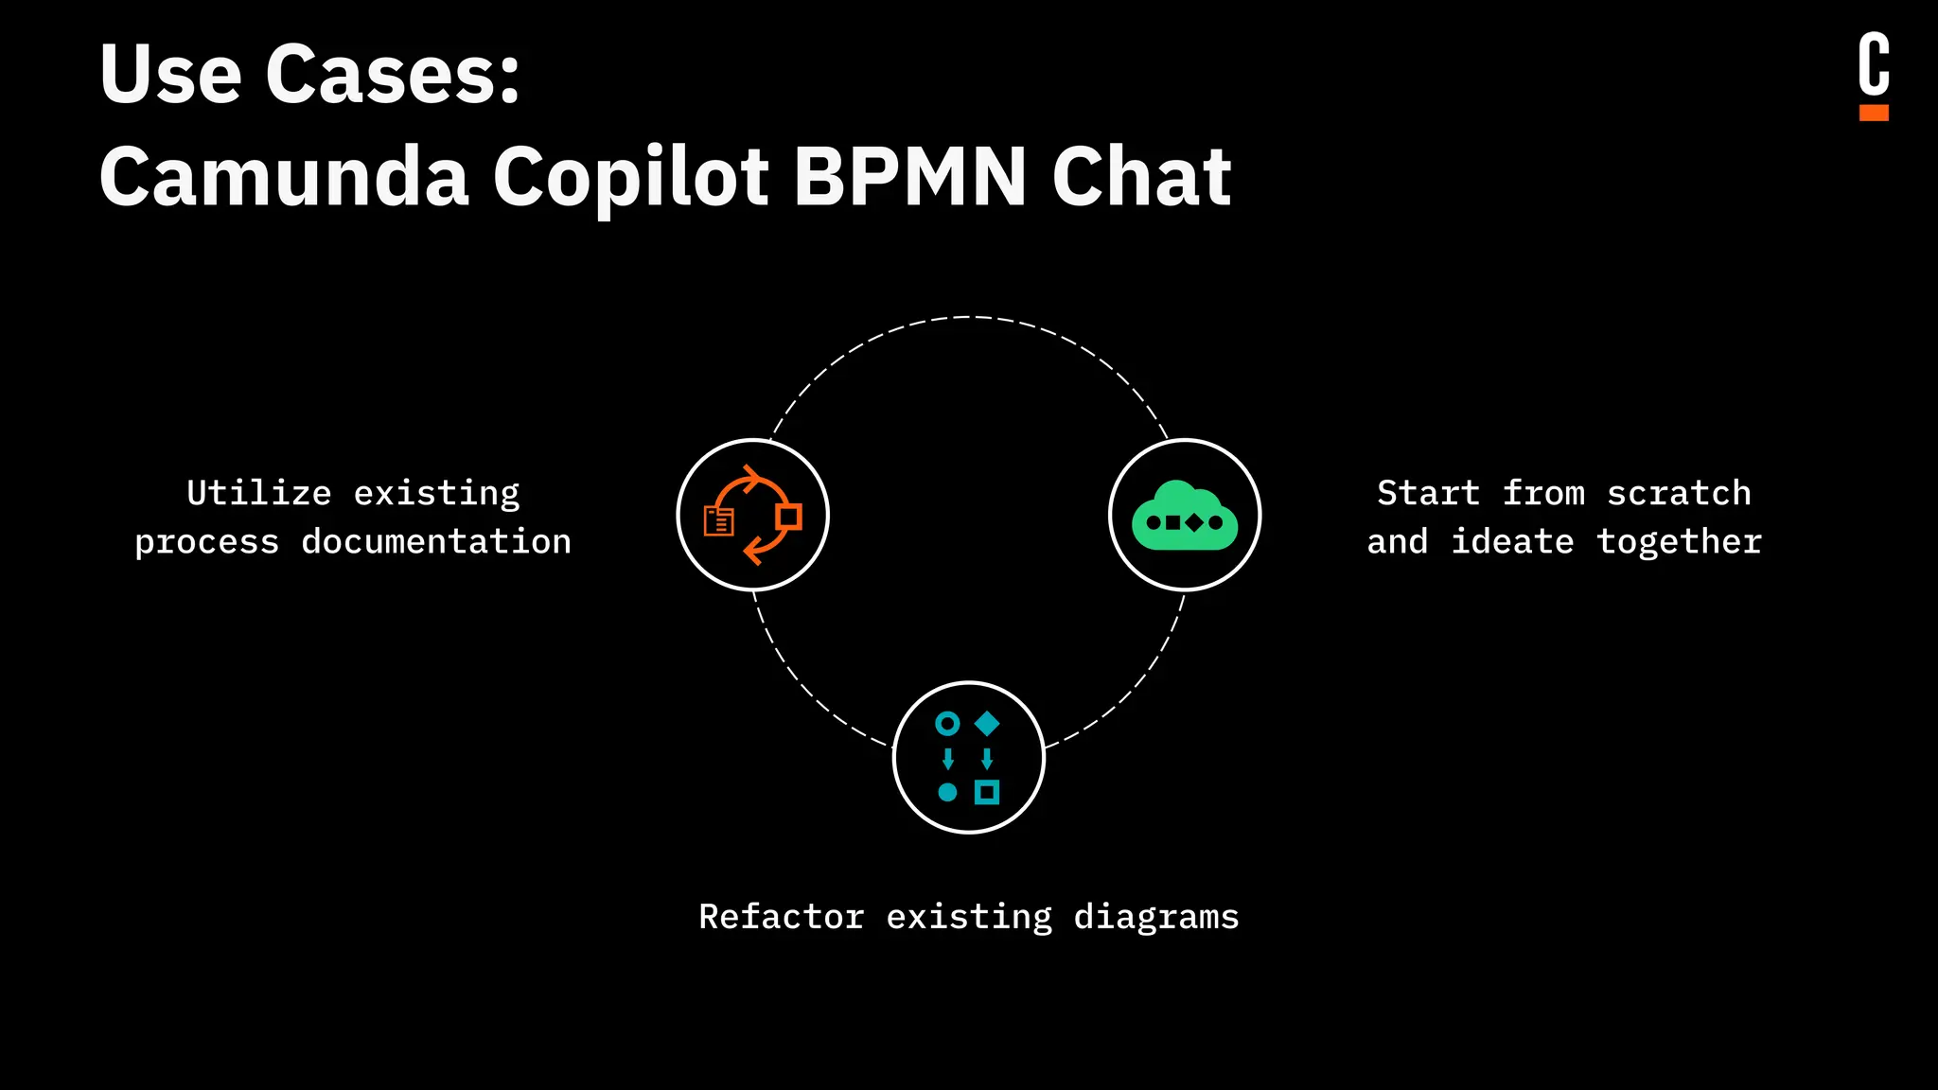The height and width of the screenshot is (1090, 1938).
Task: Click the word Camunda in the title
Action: [x=284, y=177]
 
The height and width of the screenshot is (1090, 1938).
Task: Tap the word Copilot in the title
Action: [x=631, y=177]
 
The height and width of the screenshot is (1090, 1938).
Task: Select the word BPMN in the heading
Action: [x=910, y=177]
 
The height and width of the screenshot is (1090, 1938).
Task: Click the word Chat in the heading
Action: [x=1141, y=177]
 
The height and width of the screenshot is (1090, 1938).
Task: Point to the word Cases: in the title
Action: [x=393, y=74]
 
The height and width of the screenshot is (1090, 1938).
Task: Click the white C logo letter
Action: [x=1874, y=64]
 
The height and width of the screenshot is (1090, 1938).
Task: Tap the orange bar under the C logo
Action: [x=1874, y=113]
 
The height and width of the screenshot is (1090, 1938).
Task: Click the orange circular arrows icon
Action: [x=753, y=515]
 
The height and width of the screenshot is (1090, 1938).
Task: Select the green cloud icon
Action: [x=1185, y=516]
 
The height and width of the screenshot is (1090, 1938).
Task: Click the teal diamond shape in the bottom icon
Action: [x=987, y=724]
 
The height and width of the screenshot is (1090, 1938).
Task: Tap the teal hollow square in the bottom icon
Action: [x=987, y=792]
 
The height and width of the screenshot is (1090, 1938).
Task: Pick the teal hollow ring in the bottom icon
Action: [x=947, y=724]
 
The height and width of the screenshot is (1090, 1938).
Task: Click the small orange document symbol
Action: [x=719, y=521]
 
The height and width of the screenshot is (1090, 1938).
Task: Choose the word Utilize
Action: [x=259, y=493]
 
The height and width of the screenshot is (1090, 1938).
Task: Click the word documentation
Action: [x=436, y=542]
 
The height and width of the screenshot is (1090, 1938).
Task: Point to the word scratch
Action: [x=1679, y=493]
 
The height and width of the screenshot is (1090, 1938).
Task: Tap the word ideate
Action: [x=1512, y=542]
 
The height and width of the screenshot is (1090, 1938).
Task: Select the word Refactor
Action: [x=782, y=917]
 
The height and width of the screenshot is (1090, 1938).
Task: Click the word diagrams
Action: [x=1156, y=917]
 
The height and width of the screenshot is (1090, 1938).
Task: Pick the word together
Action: [x=1679, y=542]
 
